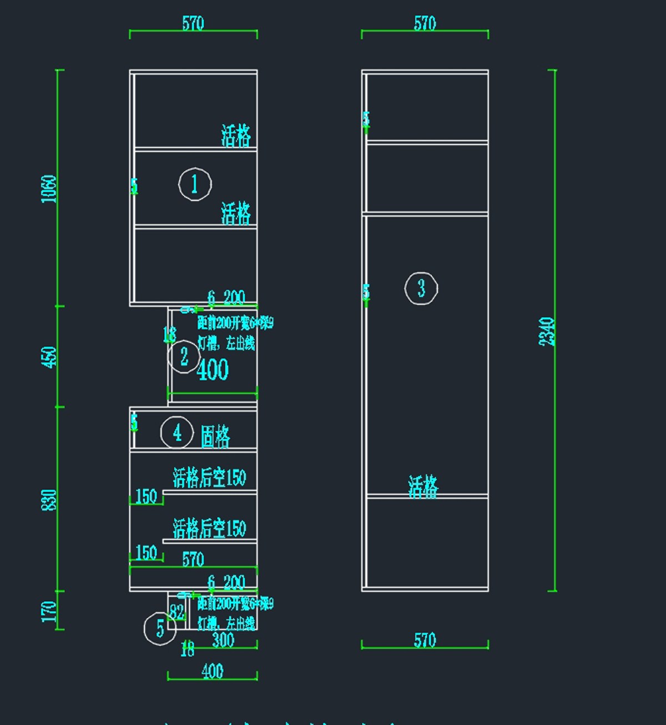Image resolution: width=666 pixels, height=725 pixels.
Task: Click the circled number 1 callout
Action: (x=195, y=184)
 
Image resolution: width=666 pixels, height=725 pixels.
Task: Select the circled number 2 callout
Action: (x=184, y=356)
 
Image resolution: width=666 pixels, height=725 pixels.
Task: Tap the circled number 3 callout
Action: (x=421, y=288)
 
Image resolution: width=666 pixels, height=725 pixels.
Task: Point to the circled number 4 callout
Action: (x=177, y=432)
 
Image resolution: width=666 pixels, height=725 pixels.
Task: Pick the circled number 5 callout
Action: (x=160, y=628)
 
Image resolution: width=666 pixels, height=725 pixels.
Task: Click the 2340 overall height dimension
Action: (x=547, y=331)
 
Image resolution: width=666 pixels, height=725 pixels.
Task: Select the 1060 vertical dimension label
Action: (x=49, y=189)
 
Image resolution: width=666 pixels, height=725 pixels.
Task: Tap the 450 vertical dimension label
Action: (x=49, y=356)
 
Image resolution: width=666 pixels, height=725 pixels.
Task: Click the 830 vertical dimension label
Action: (x=49, y=500)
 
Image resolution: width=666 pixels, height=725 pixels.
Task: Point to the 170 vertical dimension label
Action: (x=49, y=611)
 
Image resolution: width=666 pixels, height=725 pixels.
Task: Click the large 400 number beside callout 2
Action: (x=213, y=370)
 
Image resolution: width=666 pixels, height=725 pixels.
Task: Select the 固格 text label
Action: (x=215, y=436)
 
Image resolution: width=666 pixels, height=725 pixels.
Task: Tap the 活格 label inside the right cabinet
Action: (x=423, y=487)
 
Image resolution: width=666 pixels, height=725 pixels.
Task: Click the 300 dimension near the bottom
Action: (x=223, y=640)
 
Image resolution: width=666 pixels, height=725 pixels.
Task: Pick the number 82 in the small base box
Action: (x=176, y=612)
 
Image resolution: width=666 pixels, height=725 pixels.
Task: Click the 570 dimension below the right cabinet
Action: (x=425, y=640)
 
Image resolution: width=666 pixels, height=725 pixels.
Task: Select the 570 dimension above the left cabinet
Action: (x=193, y=23)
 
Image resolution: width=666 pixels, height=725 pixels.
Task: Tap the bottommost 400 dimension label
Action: (x=213, y=671)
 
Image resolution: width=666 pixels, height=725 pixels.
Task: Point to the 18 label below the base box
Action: (x=188, y=648)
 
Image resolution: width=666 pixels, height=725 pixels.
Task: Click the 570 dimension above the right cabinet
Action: (x=425, y=23)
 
